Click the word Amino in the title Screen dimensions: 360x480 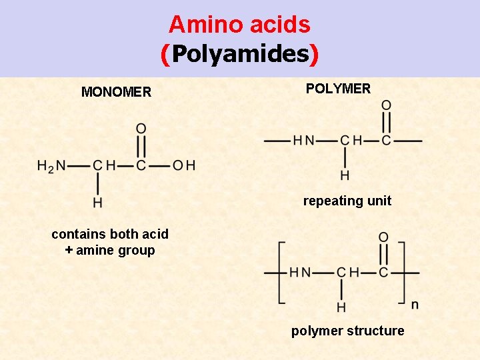[199, 25]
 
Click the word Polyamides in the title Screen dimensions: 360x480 [240, 54]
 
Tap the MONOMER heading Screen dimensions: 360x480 [116, 92]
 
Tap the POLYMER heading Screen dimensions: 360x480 [338, 89]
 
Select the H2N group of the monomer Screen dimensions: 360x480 [51, 165]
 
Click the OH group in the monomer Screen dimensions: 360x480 [184, 165]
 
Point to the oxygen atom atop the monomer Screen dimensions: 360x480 [141, 128]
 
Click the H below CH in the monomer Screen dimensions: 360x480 [98, 202]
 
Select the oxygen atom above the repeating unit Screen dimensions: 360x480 [386, 105]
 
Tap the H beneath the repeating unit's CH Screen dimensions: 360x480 [345, 176]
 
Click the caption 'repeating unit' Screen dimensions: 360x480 [347, 201]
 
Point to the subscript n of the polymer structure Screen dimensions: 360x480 [415, 305]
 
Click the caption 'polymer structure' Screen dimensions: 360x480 [347, 331]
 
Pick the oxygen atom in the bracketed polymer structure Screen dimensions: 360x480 [383, 237]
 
